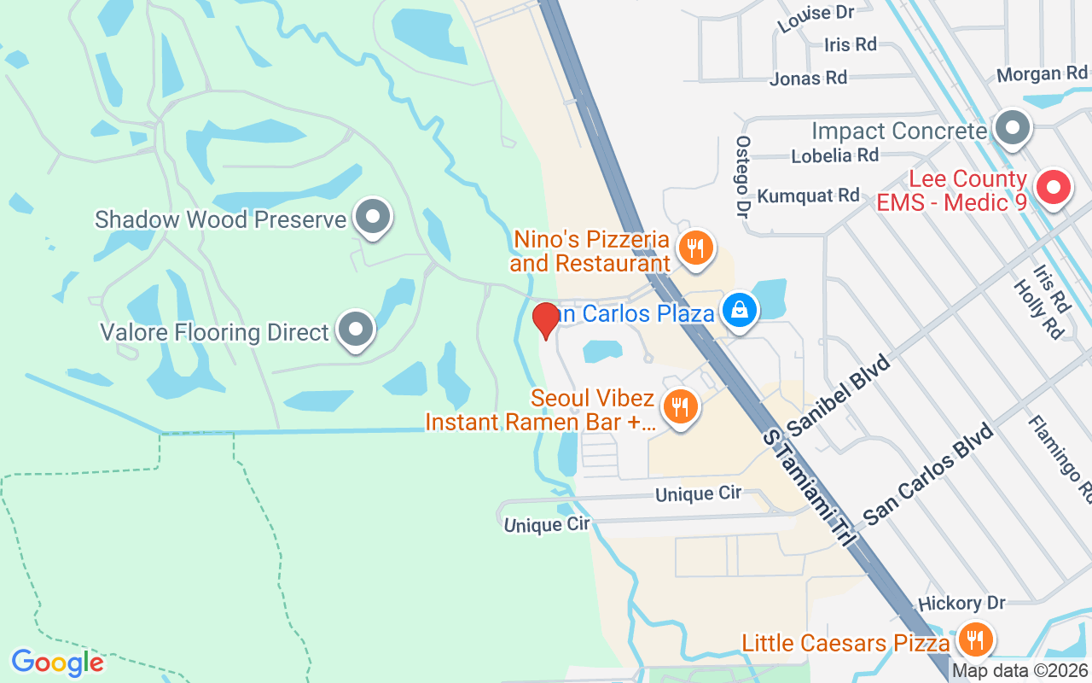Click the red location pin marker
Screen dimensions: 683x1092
(x=545, y=320)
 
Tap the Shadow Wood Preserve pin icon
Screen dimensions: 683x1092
(x=372, y=217)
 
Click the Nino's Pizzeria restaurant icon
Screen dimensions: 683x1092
(x=696, y=248)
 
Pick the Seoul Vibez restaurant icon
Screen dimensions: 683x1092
(x=679, y=407)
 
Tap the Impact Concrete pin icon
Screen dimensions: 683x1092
(x=1013, y=129)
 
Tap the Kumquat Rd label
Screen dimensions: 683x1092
(x=808, y=196)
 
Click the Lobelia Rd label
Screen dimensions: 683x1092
(x=834, y=155)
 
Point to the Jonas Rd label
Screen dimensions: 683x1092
(x=808, y=79)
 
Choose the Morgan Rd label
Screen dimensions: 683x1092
(x=1042, y=74)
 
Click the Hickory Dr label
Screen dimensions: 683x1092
(x=961, y=604)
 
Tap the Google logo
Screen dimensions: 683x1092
(x=57, y=663)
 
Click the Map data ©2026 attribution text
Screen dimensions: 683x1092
(x=1020, y=671)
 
